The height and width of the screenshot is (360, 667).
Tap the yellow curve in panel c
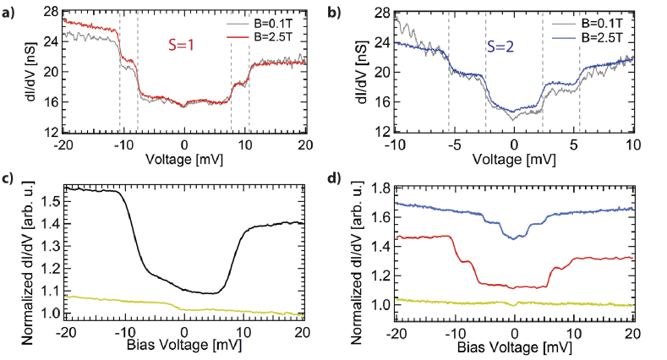coord(127,302)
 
